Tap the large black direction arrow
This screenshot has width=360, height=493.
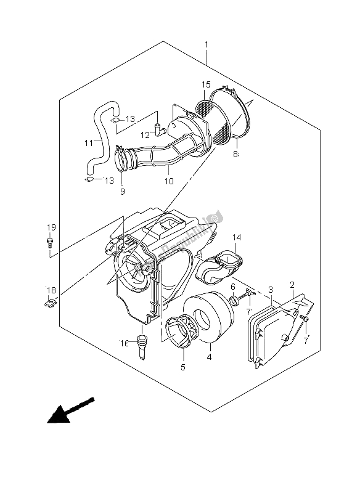coord(70,411)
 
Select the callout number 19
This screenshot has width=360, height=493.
coord(51,227)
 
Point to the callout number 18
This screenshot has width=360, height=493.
coord(51,289)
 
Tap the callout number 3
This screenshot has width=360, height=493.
coord(271,290)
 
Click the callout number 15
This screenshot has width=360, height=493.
coord(206,84)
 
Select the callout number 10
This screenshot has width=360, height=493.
coord(169,182)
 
